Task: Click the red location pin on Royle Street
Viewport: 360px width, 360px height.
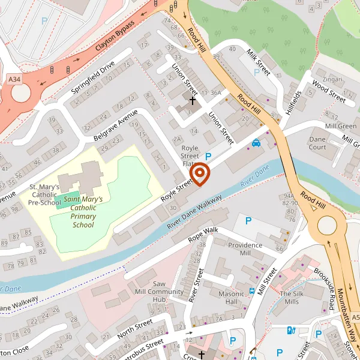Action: pyautogui.click(x=199, y=175)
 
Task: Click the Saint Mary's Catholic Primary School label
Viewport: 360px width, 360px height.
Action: pyautogui.click(x=83, y=212)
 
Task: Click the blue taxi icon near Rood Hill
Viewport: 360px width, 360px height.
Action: pyautogui.click(x=256, y=143)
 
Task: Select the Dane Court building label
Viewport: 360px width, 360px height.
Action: pyautogui.click(x=317, y=143)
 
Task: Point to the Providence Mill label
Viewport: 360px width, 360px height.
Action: pyautogui.click(x=245, y=249)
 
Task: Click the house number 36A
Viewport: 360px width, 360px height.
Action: pyautogui.click(x=215, y=93)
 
